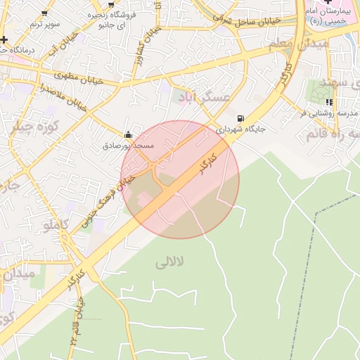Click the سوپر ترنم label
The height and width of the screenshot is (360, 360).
pyautogui.click(x=41, y=24)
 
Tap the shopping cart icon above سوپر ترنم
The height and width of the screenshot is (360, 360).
pyautogui.click(x=44, y=13)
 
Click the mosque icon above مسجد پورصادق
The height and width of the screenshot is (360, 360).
pyautogui.click(x=127, y=134)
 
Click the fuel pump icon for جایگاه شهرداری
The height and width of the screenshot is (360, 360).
pyautogui.click(x=241, y=118)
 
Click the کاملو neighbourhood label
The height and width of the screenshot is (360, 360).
pyautogui.click(x=56, y=226)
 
